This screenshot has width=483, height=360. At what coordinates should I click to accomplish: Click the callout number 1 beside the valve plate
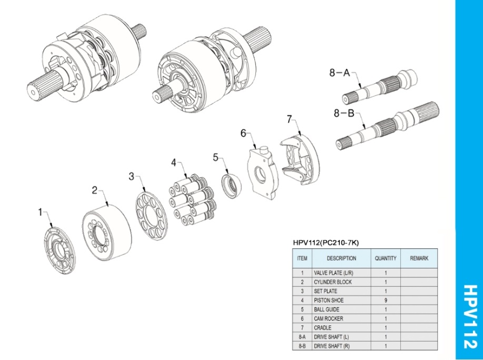(x=40, y=212)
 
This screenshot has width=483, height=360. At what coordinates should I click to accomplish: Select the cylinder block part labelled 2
(x=107, y=233)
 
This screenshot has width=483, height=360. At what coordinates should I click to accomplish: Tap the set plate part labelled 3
(x=152, y=216)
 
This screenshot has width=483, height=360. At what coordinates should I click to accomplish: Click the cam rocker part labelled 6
(x=262, y=172)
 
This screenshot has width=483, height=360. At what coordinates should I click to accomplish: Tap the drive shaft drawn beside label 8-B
(x=388, y=126)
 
